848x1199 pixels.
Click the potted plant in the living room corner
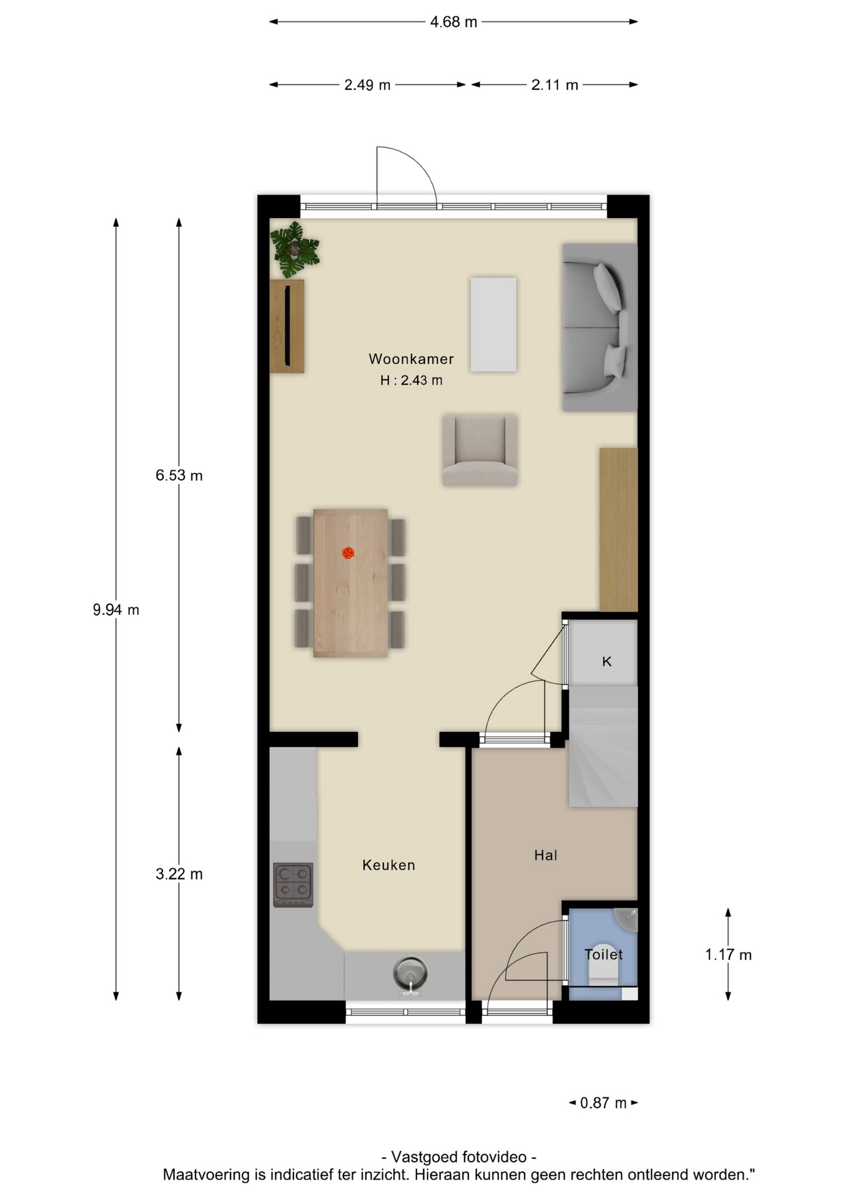click(x=294, y=250)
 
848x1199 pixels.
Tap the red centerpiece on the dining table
click(x=348, y=553)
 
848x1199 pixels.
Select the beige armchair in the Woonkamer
click(x=480, y=450)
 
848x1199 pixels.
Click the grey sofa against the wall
click(x=599, y=327)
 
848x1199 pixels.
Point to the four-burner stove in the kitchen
click(x=293, y=885)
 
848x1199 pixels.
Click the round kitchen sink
click(x=410, y=974)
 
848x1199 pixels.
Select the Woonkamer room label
click(x=411, y=359)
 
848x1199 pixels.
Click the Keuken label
click(x=388, y=865)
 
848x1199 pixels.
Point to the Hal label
click(x=545, y=855)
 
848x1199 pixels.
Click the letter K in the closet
click(x=606, y=661)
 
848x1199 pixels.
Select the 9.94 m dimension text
click(x=116, y=609)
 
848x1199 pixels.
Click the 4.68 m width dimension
click(x=453, y=22)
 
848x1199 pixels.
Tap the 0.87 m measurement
click(x=603, y=1103)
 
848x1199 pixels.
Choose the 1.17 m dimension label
click(x=728, y=955)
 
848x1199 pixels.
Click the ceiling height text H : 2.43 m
click(x=411, y=380)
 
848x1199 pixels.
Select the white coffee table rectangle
click(x=493, y=325)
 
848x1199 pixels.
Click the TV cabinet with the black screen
click(x=287, y=326)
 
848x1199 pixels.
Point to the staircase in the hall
click(x=603, y=746)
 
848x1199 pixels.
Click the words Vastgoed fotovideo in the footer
click(x=459, y=1157)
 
